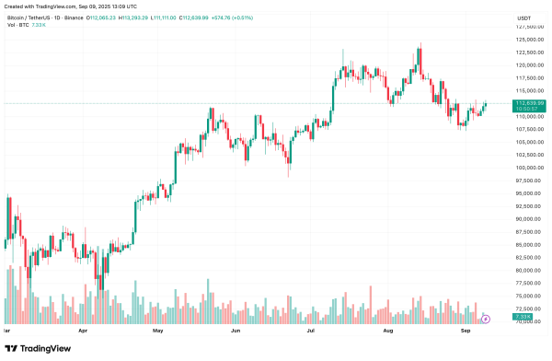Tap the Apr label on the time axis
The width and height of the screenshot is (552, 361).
click(83, 329)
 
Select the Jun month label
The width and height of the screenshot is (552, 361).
click(236, 329)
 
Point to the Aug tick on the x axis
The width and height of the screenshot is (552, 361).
click(388, 329)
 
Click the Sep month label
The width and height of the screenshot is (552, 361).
click(466, 329)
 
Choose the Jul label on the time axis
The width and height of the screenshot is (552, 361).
click(311, 329)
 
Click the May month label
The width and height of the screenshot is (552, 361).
click(157, 329)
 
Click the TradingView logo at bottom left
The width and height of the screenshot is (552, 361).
click(39, 348)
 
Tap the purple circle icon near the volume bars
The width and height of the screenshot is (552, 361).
click(486, 319)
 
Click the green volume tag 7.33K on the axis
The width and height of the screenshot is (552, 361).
click(522, 316)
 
